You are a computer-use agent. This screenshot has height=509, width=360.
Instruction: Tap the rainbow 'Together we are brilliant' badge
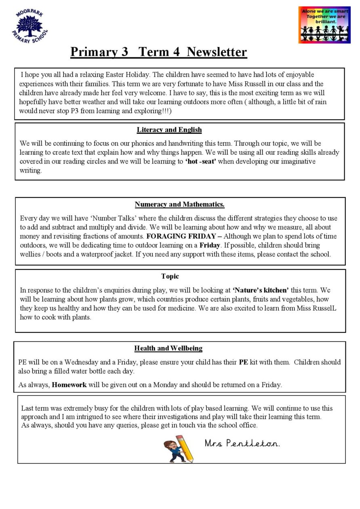[x=324, y=25]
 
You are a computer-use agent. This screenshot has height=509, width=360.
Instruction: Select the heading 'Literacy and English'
[x=169, y=130]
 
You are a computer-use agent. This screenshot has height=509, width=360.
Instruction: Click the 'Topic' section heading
[x=170, y=276]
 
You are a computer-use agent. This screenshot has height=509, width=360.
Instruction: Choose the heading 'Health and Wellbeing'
[x=168, y=348]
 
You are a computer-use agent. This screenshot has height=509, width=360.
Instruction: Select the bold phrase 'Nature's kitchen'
[x=261, y=290]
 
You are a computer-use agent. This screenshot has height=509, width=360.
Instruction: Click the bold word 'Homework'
[x=69, y=385]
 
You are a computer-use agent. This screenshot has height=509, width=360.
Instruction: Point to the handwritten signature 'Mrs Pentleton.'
[x=242, y=443]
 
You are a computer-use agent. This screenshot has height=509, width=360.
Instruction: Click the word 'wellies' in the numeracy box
[x=30, y=254]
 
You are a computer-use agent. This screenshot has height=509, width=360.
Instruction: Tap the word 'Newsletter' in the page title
[x=217, y=52]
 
